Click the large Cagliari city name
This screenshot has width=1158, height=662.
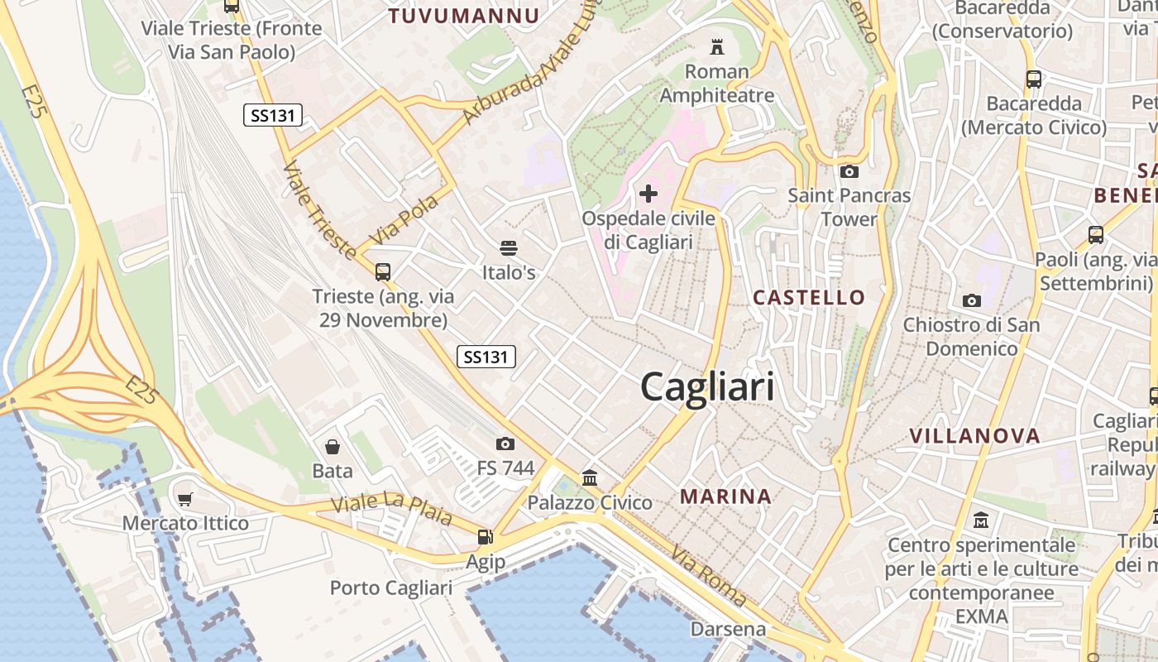pyautogui.click(x=707, y=386)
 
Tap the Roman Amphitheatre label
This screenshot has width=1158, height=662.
pyautogui.click(x=717, y=84)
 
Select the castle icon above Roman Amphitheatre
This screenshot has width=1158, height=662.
pyautogui.click(x=717, y=46)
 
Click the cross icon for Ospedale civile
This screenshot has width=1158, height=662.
pyautogui.click(x=648, y=194)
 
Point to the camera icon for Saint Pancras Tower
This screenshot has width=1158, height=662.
pyautogui.click(x=849, y=172)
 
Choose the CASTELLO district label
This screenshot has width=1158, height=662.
pyautogui.click(x=809, y=297)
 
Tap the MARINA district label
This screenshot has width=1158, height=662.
pyautogui.click(x=725, y=496)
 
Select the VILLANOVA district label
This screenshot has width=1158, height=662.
pyautogui.click(x=974, y=435)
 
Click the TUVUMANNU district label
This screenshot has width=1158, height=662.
pyautogui.click(x=464, y=16)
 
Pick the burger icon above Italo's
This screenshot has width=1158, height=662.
pyautogui.click(x=508, y=248)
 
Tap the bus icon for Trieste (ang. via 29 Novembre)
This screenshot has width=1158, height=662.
pyautogui.click(x=382, y=271)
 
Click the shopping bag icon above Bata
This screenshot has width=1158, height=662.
pyautogui.click(x=333, y=447)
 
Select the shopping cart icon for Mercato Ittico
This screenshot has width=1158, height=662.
pyautogui.click(x=185, y=499)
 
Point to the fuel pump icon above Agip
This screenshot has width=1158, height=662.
pyautogui.click(x=485, y=537)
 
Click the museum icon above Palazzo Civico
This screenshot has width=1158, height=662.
pyautogui.click(x=590, y=477)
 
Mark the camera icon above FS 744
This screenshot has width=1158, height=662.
pyautogui.click(x=505, y=444)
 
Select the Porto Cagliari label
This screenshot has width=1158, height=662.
pyautogui.click(x=390, y=588)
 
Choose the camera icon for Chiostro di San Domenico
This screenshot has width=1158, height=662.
pyautogui.click(x=971, y=300)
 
